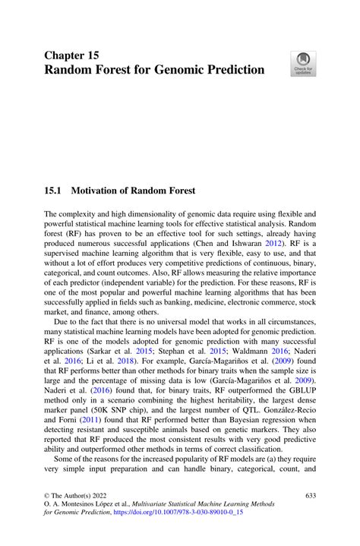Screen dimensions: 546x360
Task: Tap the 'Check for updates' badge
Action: point(303,64)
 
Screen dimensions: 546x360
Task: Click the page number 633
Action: point(309,494)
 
